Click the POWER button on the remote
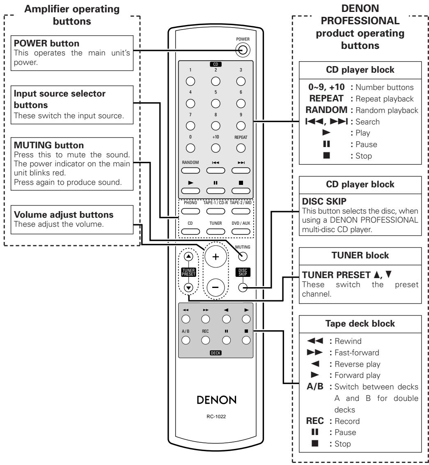tap(243, 50)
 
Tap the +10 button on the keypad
tap(216, 148)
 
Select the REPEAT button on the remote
tap(241, 148)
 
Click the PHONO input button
tap(190, 211)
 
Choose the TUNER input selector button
tap(216, 232)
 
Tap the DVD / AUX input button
tap(241, 232)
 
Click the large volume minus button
tap(216, 287)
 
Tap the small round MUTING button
tap(243, 256)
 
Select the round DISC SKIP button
tap(243, 287)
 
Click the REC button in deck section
tap(205, 340)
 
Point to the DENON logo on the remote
tap(216, 400)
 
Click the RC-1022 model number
tap(216, 417)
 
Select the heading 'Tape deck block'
tap(360, 323)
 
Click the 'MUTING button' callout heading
tap(49, 145)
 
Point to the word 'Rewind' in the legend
tap(348, 341)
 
